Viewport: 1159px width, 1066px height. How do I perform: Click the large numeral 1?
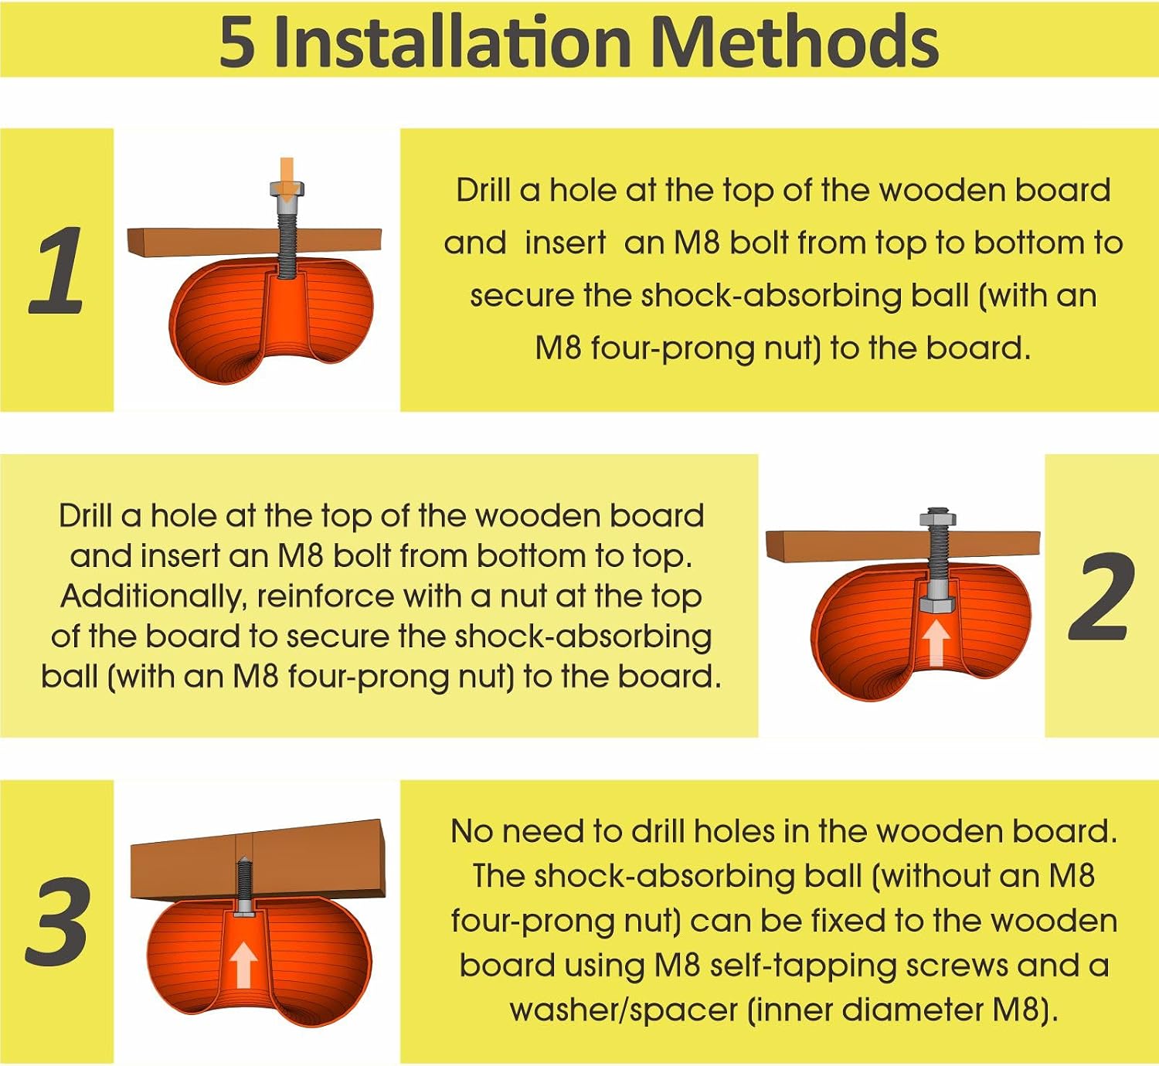pos(56,270)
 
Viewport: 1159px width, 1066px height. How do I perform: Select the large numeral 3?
pos(59,921)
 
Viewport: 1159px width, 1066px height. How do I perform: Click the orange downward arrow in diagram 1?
pos(287,178)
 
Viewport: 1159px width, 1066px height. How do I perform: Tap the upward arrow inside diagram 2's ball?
pos(936,643)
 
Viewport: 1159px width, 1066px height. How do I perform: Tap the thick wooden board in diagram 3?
pos(258,859)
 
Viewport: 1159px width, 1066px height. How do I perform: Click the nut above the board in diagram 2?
pos(938,515)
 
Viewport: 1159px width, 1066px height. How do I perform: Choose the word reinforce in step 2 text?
pos(326,597)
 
